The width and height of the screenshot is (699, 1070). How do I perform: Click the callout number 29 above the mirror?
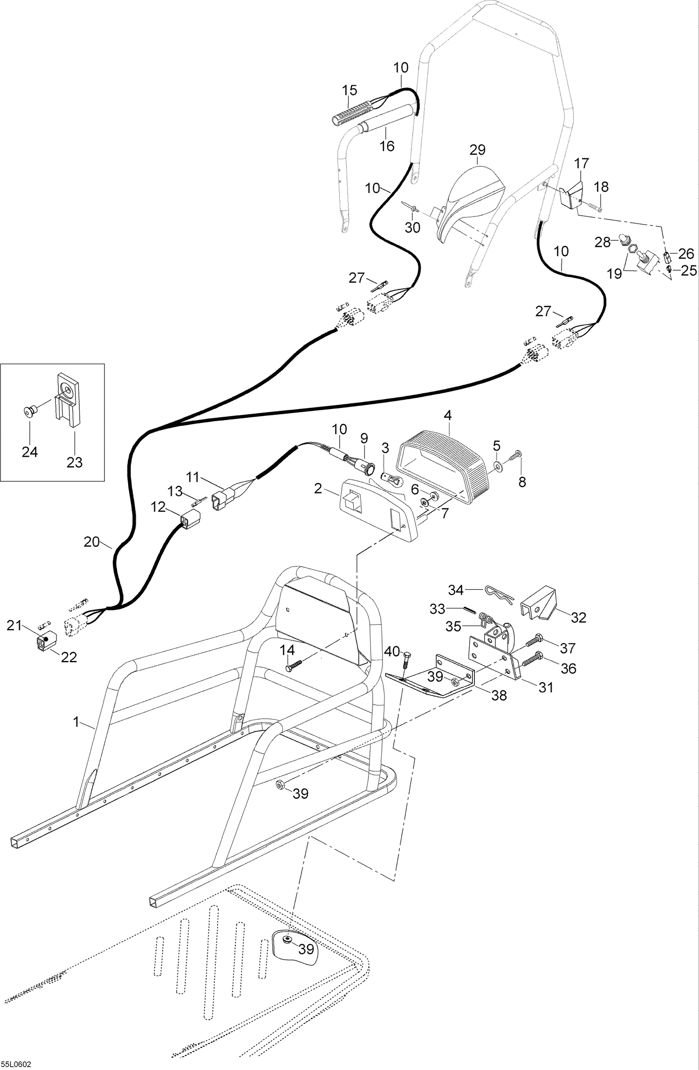point(477,150)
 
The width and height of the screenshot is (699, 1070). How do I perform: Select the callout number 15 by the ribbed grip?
point(349,89)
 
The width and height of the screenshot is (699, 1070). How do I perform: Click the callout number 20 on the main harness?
point(92,542)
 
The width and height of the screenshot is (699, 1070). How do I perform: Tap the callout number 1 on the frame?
point(76,722)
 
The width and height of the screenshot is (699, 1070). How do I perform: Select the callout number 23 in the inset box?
point(75,462)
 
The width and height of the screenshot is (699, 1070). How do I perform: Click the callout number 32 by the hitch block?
point(578,617)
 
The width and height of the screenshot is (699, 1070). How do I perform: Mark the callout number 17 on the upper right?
point(582,164)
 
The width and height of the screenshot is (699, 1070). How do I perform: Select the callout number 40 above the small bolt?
point(392,651)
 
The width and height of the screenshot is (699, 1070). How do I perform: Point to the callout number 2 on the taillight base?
point(318,489)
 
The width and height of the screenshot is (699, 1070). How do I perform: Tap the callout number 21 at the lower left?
point(14,625)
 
